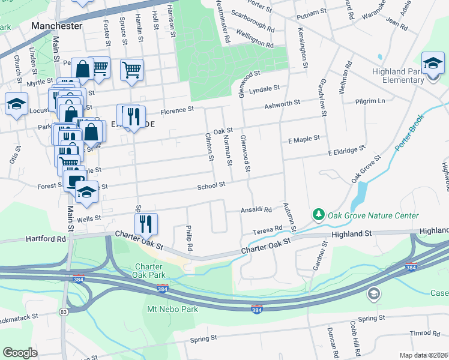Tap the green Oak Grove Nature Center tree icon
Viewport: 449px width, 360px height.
point(318,214)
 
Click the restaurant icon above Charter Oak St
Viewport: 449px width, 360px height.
point(146,224)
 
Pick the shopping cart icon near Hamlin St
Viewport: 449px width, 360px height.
point(131,69)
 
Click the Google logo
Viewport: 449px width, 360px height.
point(20,353)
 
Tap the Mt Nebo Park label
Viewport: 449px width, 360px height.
point(172,310)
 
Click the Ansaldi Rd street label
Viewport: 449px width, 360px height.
point(257,210)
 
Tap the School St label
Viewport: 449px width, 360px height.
point(211,185)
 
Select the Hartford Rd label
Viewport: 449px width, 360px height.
point(46,238)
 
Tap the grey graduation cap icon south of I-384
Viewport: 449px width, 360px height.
point(373,293)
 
